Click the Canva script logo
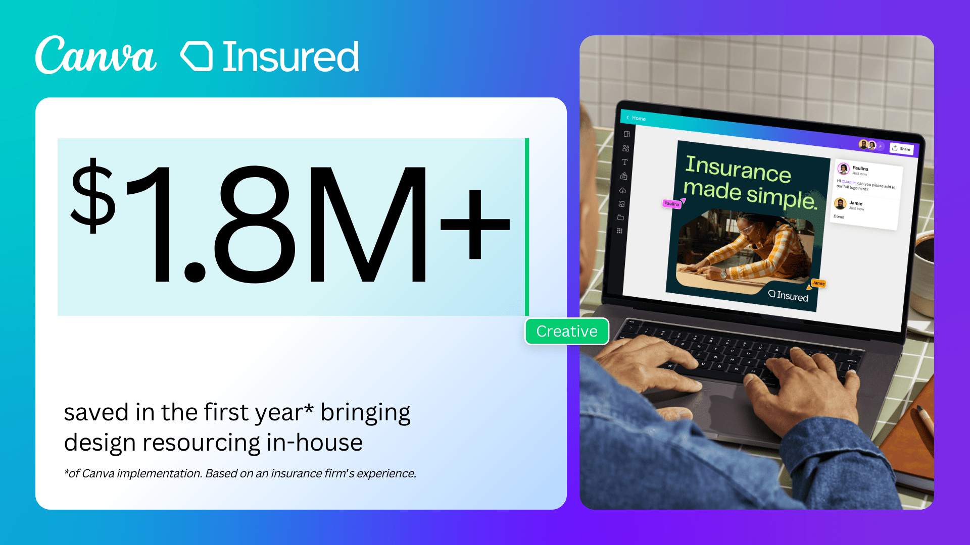(x=96, y=55)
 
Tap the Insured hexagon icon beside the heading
(x=197, y=56)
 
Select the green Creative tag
(x=567, y=332)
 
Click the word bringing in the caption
(x=365, y=413)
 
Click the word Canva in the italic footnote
(x=98, y=473)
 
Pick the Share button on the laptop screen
(x=901, y=148)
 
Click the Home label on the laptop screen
(x=638, y=118)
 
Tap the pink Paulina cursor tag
(x=671, y=203)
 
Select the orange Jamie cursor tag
(x=818, y=284)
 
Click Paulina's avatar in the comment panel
(x=843, y=169)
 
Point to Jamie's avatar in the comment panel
(x=840, y=204)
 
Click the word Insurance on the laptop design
(x=738, y=169)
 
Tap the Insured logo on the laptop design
(x=788, y=295)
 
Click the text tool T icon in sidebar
(x=625, y=162)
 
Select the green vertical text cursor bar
(x=527, y=227)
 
